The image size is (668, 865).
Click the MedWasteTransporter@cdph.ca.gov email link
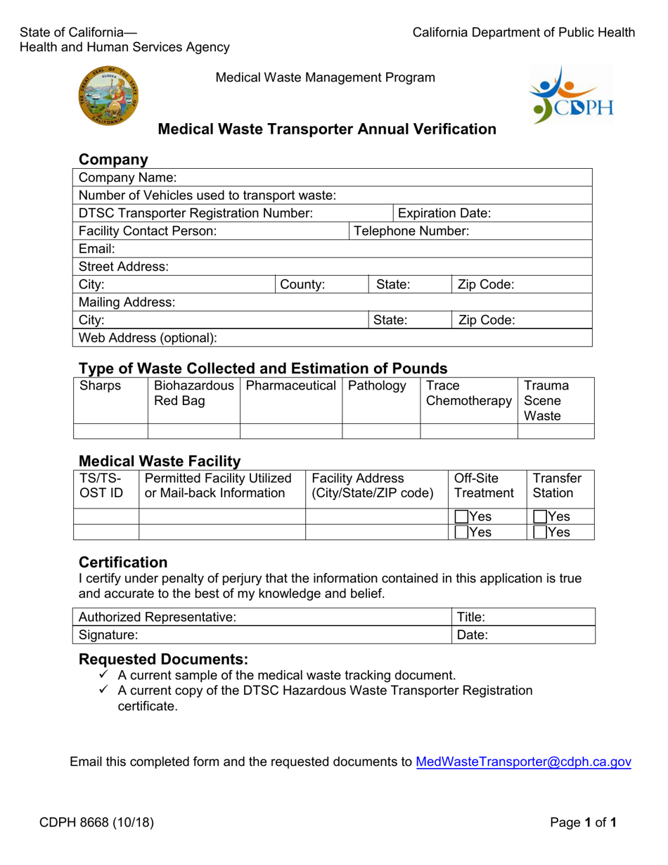[524, 762]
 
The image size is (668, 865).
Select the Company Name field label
[128, 177]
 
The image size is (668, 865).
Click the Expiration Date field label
[444, 213]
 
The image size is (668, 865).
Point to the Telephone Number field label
[411, 231]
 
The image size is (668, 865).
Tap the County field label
[302, 285]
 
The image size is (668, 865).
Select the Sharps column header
[101, 385]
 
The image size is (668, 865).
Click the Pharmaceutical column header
[291, 385]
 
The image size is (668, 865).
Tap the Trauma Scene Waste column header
[546, 400]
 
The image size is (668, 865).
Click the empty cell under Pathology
[380, 431]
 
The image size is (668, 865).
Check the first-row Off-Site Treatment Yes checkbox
[462, 517]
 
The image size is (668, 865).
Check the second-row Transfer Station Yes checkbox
[539, 532]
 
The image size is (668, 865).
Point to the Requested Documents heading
[163, 660]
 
